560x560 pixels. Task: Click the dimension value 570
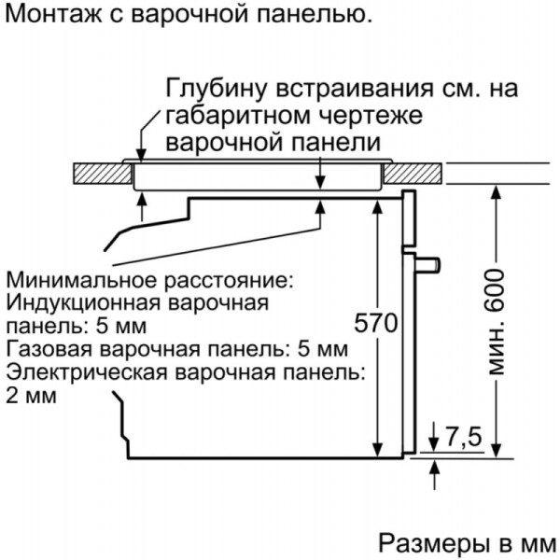pyautogui.click(x=377, y=324)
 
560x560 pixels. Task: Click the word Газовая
pyautogui.click(x=40, y=350)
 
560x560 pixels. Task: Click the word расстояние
pyautogui.click(x=226, y=281)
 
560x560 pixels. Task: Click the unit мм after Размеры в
pyautogui.click(x=536, y=543)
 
